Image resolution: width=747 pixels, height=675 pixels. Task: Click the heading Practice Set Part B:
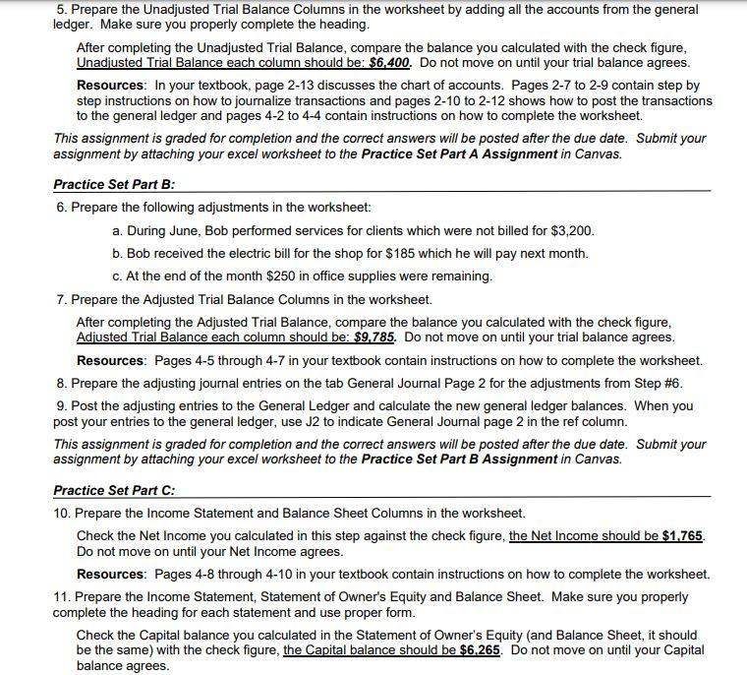(x=114, y=184)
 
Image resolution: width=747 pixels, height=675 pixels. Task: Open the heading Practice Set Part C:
(x=114, y=490)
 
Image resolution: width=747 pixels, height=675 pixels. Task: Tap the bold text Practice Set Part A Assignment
(x=459, y=153)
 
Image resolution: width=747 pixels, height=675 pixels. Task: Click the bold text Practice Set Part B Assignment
(x=459, y=460)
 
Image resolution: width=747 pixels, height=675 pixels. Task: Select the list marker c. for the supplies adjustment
(x=118, y=276)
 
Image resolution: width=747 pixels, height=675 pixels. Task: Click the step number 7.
(x=61, y=299)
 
